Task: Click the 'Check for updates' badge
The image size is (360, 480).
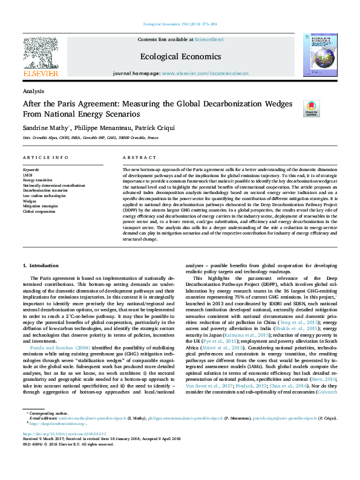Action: [311, 109]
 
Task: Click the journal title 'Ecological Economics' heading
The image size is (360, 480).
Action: [180, 56]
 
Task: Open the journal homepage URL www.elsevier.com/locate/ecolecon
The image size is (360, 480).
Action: [205, 73]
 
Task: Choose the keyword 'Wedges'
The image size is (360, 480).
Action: [30, 201]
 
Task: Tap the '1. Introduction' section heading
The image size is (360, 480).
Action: [41, 265]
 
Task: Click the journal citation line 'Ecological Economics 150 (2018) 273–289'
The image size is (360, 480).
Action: [180, 24]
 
